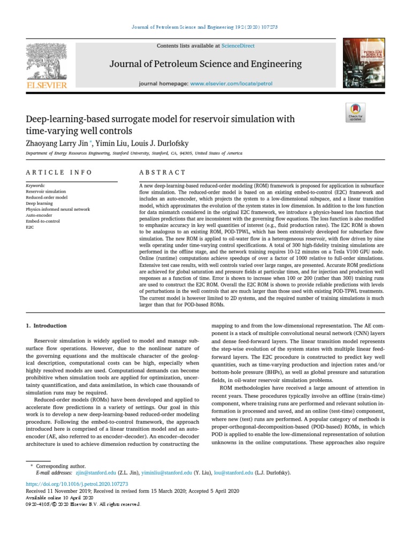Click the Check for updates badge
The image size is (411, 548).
point(355,111)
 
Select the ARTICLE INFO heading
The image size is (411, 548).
point(59,172)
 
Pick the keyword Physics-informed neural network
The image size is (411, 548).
point(58,209)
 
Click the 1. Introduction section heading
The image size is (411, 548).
point(47,325)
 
